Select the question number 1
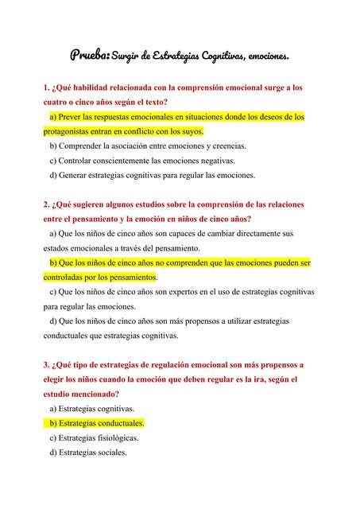click(x=46, y=88)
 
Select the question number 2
click(x=46, y=204)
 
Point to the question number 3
click(x=46, y=365)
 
